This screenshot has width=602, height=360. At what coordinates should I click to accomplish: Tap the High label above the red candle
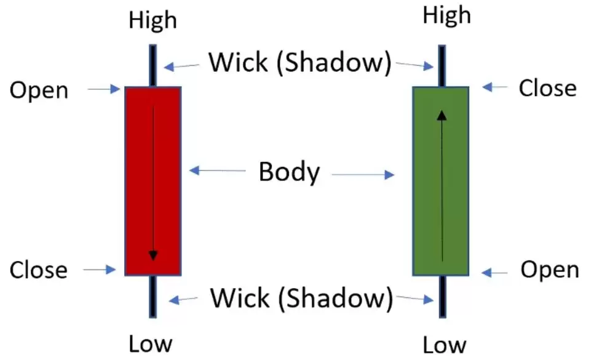(x=152, y=20)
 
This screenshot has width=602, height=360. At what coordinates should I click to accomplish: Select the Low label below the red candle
(x=151, y=343)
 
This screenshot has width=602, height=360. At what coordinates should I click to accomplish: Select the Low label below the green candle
(x=445, y=345)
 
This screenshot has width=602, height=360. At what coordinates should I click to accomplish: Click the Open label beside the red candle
(x=39, y=90)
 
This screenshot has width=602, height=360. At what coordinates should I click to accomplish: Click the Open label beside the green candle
(x=550, y=270)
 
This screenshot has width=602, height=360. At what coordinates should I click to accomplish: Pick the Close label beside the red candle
(x=39, y=270)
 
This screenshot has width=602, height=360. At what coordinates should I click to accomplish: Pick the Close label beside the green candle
(x=548, y=88)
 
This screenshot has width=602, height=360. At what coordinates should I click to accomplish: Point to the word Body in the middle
(x=289, y=172)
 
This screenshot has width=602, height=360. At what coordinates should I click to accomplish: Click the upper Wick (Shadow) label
(x=299, y=62)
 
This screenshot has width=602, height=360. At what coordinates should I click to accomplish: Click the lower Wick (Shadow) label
(x=301, y=298)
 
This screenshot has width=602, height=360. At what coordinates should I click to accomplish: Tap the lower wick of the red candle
(x=152, y=295)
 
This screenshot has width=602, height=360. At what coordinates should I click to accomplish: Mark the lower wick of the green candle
(x=442, y=296)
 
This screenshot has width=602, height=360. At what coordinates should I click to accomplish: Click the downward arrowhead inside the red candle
(x=153, y=255)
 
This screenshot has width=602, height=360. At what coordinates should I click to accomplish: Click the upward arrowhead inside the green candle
(x=442, y=114)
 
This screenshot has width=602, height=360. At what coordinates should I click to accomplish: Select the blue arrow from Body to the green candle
(x=363, y=175)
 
